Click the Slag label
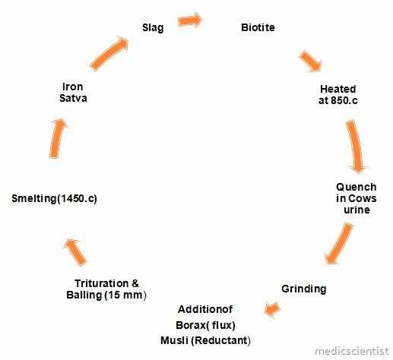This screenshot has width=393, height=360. [153, 27]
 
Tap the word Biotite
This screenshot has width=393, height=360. [258, 27]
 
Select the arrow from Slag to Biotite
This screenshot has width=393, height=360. [189, 20]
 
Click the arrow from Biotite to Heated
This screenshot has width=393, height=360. [310, 61]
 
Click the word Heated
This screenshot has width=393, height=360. [338, 89]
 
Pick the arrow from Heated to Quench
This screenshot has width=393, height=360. [356, 146]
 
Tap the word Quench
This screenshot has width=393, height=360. [356, 187]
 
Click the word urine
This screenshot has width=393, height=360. [357, 210]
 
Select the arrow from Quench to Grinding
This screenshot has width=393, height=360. [338, 244]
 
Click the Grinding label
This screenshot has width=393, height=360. [304, 289]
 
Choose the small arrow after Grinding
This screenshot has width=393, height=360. [272, 309]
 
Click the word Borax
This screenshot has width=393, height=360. [191, 325]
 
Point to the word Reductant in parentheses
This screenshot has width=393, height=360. [220, 340]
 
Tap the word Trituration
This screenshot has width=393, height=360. [101, 283]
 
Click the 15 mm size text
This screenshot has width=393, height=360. [124, 295]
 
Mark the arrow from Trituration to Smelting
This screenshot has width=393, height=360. [75, 252]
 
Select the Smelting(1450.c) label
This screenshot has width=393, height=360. [55, 198]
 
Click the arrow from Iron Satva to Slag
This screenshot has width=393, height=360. [109, 53]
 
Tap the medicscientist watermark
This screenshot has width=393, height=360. [352, 351]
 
